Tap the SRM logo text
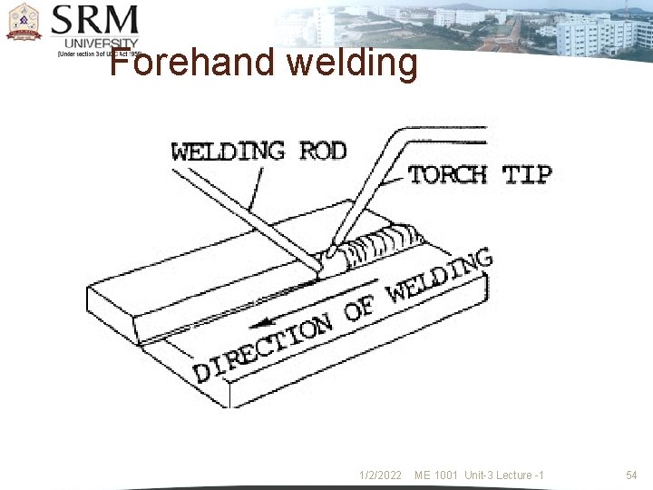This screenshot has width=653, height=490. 95,20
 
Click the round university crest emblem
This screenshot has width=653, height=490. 24,22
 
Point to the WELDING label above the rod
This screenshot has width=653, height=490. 228,151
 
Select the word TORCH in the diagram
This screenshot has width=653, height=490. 447,174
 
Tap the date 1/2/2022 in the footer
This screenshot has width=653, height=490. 380,475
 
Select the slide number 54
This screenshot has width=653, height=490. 632,475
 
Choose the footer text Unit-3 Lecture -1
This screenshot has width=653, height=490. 504,475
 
